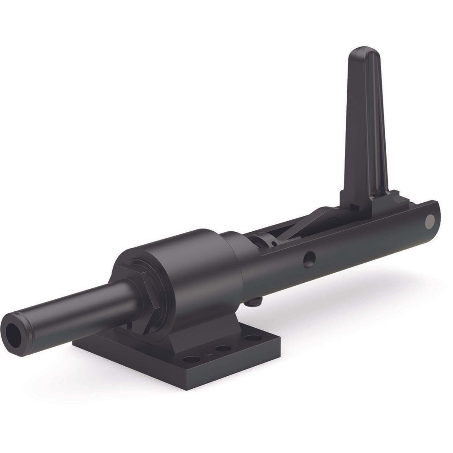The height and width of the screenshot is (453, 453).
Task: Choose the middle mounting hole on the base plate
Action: [x=223, y=349]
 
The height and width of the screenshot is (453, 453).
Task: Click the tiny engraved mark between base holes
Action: [x=207, y=355]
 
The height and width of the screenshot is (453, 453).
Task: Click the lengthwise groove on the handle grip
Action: [x=374, y=121]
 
